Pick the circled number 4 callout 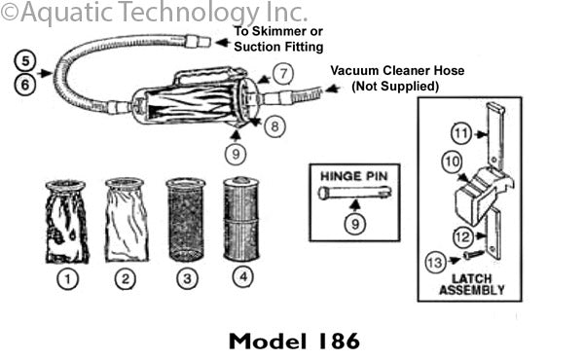(x=240, y=280)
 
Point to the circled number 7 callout (x=281, y=73)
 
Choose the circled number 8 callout (x=278, y=126)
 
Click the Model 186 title (x=294, y=342)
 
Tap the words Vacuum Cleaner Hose (x=396, y=71)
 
